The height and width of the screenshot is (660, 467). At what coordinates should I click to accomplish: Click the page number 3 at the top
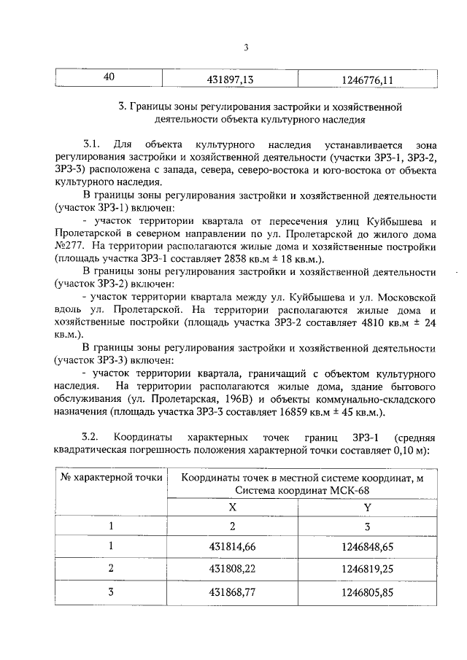coord(246,48)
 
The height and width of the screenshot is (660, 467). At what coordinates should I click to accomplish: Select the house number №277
coord(70,246)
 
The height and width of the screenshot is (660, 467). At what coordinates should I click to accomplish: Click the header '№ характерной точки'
coord(110,478)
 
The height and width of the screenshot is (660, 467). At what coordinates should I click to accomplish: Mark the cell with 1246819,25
coord(367,569)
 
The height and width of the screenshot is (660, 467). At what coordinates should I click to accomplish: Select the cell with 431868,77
coord(232,592)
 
